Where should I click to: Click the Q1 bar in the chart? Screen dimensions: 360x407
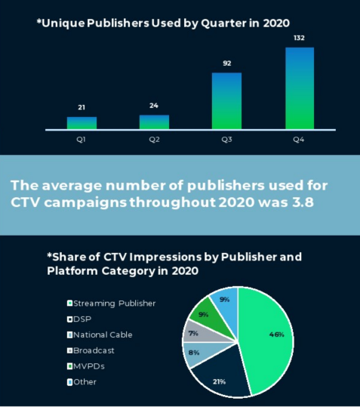point(82,123)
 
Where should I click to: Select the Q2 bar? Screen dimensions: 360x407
point(154,122)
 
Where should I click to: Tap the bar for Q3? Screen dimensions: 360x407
point(226,101)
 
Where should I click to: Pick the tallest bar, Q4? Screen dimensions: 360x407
point(300,88)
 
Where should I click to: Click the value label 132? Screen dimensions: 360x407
point(299,38)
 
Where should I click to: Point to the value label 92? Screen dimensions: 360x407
point(227,63)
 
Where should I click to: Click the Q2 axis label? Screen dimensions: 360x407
point(154,140)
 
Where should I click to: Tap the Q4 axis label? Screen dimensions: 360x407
point(299,140)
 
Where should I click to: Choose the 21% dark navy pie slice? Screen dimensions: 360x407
point(220,374)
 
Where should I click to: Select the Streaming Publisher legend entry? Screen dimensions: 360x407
point(111,304)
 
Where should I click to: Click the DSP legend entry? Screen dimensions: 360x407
point(79,319)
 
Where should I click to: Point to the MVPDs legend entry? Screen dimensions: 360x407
point(85,366)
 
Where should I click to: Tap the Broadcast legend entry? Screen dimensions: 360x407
point(91,350)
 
